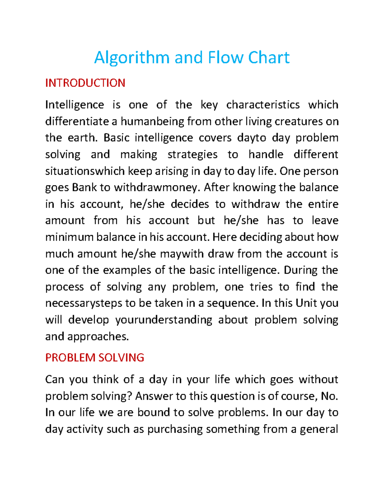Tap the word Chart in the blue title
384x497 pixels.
pyautogui.click(x=269, y=58)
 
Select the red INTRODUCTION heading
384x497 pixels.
pyautogui.click(x=85, y=83)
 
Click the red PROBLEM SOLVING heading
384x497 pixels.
pyautogui.click(x=95, y=357)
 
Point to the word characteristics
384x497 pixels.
pyautogui.click(x=263, y=105)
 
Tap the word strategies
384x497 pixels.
pyautogui.click(x=192, y=155)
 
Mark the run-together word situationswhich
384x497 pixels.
pyautogui.click(x=85, y=171)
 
